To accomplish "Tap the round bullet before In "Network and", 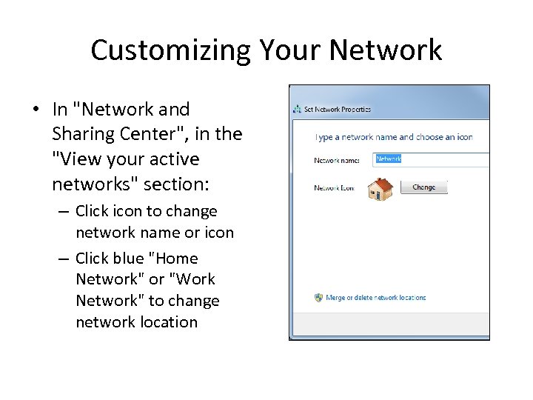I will (36, 110).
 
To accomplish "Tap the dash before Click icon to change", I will (64, 212).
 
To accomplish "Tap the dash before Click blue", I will (64, 259).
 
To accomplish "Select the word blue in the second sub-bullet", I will (130, 259).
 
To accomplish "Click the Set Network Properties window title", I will (338, 110).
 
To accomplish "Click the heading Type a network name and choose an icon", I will (393, 137).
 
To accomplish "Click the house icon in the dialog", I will (381, 190).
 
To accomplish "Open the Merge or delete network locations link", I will (377, 298).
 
